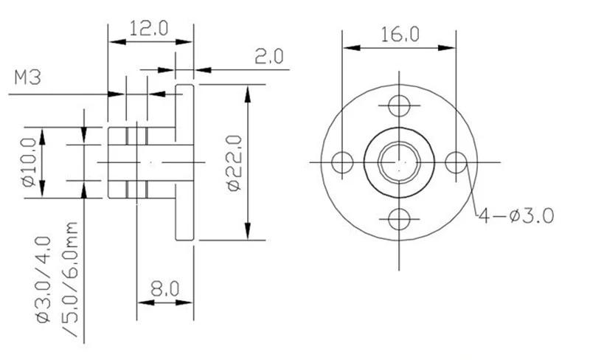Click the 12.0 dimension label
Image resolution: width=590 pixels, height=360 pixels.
pyautogui.click(x=149, y=29)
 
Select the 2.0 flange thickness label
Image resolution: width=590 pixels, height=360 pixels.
pyautogui.click(x=269, y=57)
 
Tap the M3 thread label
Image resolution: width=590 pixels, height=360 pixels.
pyautogui.click(x=27, y=77)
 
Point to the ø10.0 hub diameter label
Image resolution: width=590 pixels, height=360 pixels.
pyautogui.click(x=29, y=162)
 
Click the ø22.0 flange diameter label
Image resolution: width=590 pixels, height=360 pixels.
pyautogui.click(x=235, y=163)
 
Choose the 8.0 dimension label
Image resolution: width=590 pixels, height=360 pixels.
pyautogui.click(x=165, y=289)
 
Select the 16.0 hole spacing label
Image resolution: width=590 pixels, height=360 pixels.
pyautogui.click(x=400, y=34)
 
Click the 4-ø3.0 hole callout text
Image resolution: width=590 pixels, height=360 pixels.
pyautogui.click(x=516, y=217)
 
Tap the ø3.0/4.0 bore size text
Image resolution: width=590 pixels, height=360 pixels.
pyautogui.click(x=44, y=280)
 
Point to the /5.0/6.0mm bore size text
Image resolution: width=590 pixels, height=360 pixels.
pyautogui.click(x=70, y=279)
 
